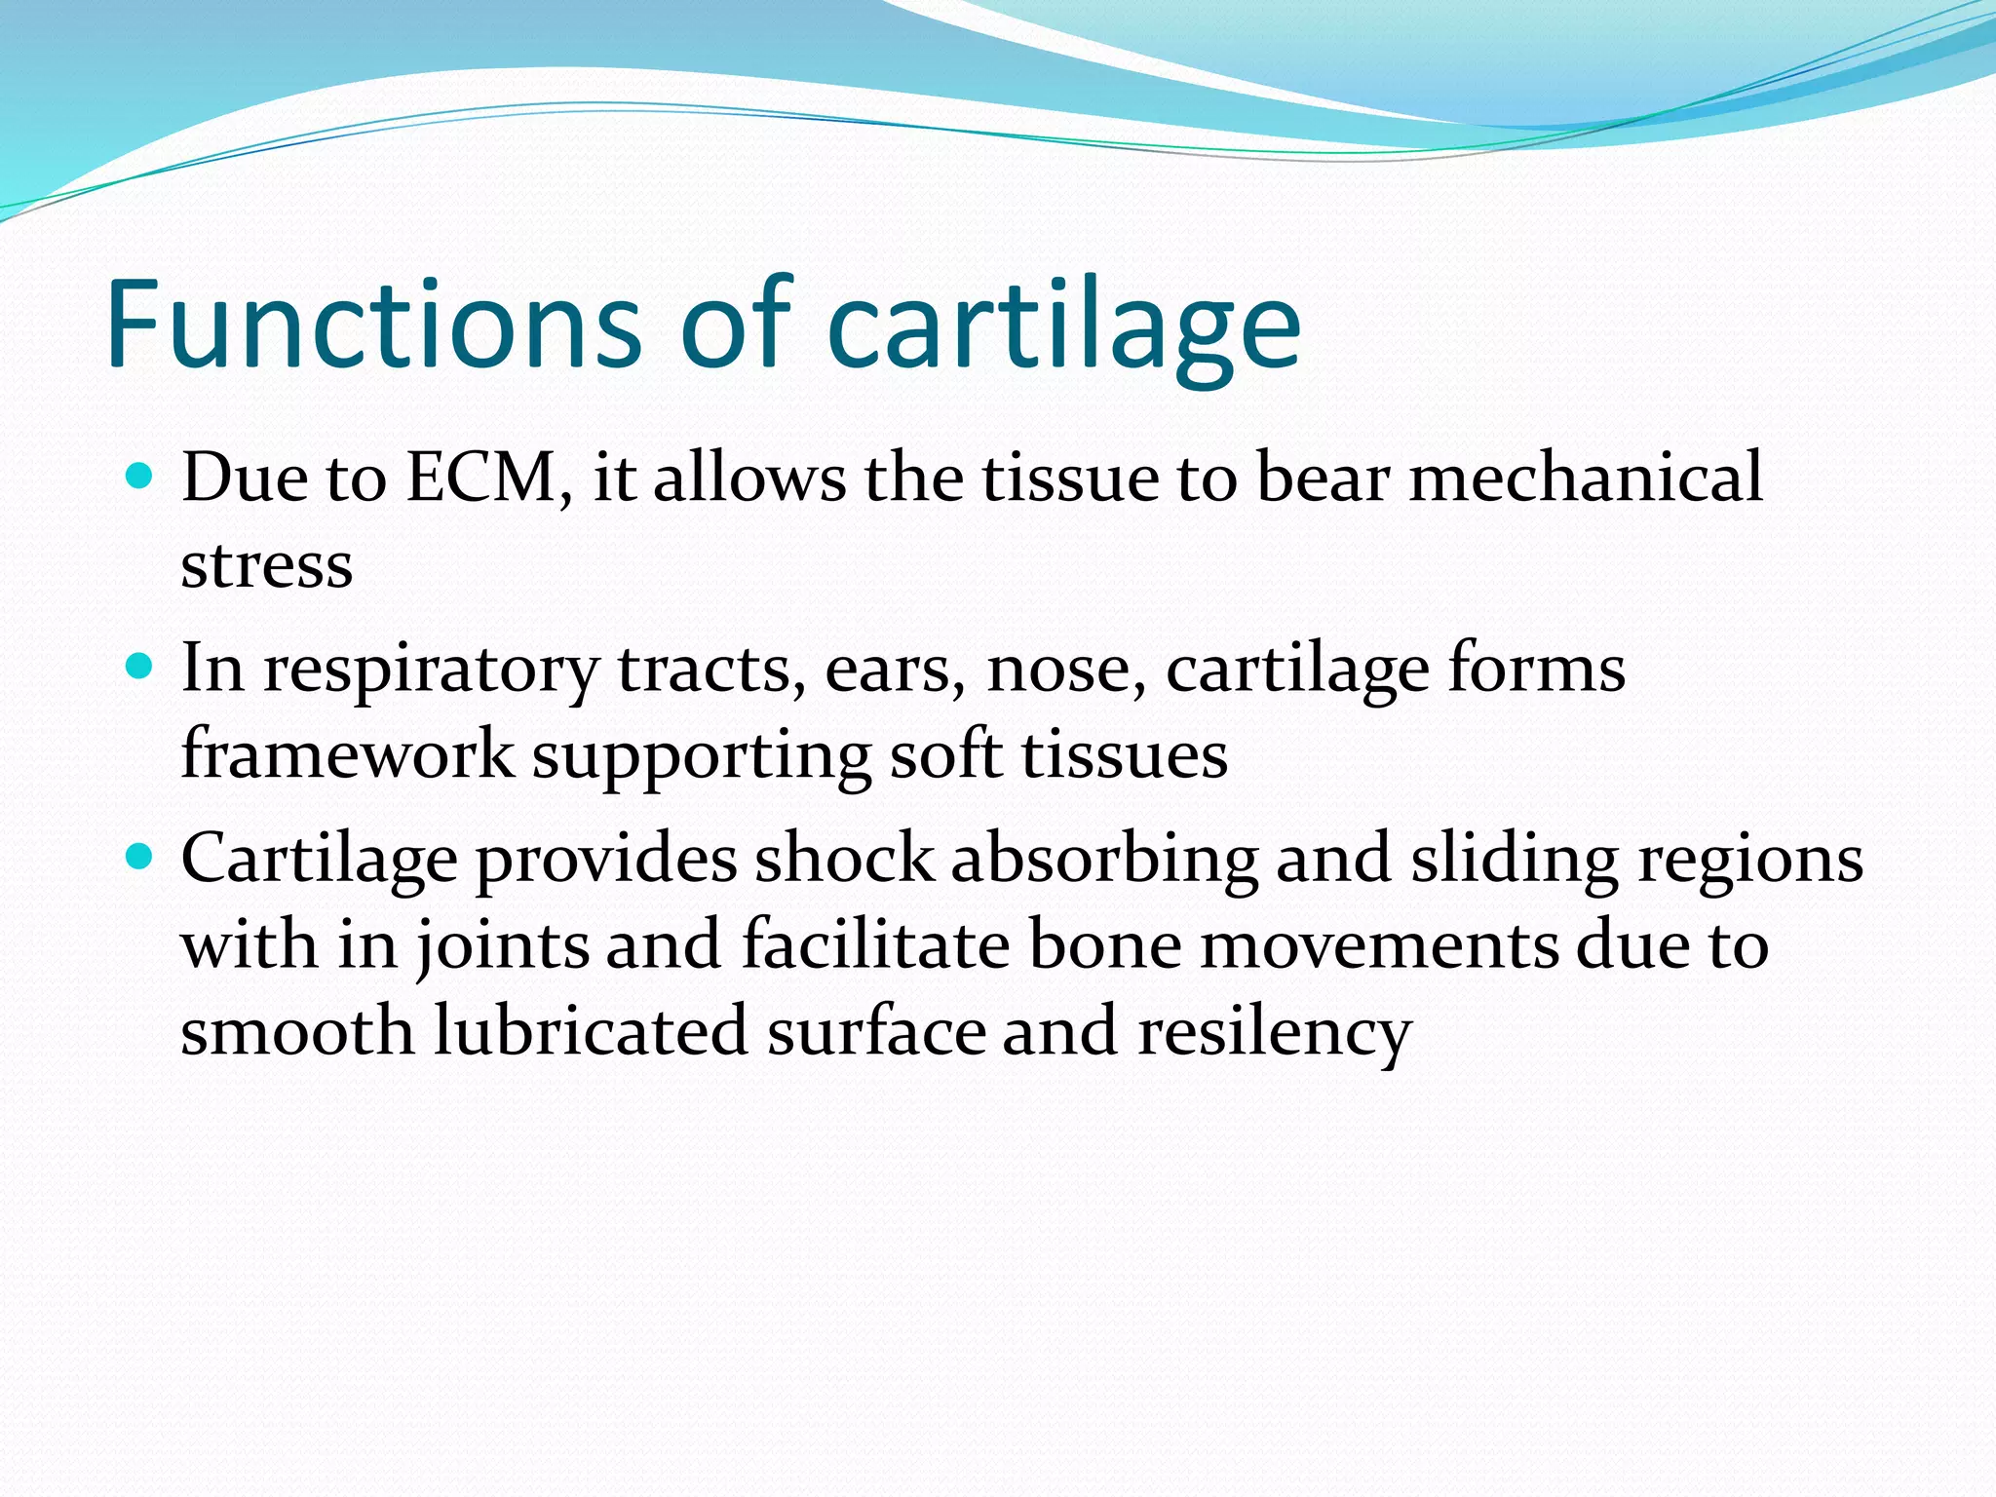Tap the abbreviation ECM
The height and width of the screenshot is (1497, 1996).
pyautogui.click(x=481, y=478)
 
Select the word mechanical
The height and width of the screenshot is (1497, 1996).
pyautogui.click(x=1586, y=478)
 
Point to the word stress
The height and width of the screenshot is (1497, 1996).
pyautogui.click(x=266, y=565)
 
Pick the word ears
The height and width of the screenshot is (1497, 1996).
pyautogui.click(x=887, y=671)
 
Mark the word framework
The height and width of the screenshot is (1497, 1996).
pyautogui.click(x=347, y=754)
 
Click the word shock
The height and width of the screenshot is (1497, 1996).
pyautogui.click(x=844, y=859)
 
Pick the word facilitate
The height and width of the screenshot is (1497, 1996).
pyautogui.click(x=875, y=945)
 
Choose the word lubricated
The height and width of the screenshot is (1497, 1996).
pyautogui.click(x=591, y=1031)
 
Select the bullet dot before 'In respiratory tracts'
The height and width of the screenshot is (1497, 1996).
pyautogui.click(x=140, y=667)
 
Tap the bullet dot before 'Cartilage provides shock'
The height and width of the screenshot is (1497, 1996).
pyautogui.click(x=140, y=858)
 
